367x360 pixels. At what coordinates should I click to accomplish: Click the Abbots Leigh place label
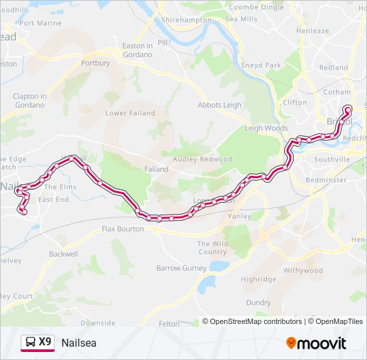[220, 105]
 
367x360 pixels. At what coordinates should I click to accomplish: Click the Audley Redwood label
[202, 159]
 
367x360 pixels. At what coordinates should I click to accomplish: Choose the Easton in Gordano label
[137, 49]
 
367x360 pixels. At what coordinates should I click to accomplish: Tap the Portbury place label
[95, 63]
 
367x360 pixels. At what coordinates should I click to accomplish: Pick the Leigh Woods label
[266, 128]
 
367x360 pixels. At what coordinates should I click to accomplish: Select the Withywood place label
[302, 271]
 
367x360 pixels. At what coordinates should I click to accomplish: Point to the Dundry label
[258, 302]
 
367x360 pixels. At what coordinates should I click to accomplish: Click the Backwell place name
[63, 254]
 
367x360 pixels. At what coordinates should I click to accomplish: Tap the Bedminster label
[326, 180]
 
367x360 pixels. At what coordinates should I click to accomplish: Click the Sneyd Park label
[262, 66]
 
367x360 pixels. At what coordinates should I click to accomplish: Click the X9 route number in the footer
[45, 342]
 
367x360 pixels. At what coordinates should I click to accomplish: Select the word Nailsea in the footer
[78, 343]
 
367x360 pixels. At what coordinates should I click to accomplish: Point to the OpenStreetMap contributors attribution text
[255, 321]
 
